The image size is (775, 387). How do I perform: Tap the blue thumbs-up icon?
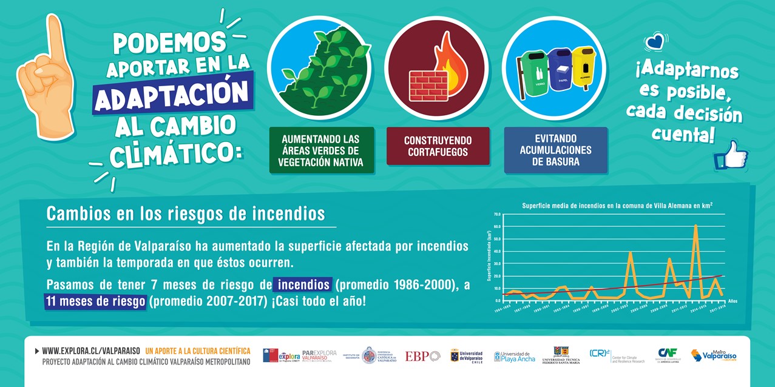731,155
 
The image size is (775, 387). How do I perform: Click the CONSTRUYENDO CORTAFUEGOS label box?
438,146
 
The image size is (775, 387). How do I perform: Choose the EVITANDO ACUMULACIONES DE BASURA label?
555,150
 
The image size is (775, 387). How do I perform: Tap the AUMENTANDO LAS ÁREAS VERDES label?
320,150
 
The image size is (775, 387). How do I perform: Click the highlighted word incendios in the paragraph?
303,284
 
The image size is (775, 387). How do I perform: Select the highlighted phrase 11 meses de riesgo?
95,301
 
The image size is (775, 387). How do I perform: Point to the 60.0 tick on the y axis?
497,227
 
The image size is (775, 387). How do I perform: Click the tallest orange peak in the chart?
695,226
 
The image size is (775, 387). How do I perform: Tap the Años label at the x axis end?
732,301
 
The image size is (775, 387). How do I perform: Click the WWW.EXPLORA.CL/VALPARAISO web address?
91,351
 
